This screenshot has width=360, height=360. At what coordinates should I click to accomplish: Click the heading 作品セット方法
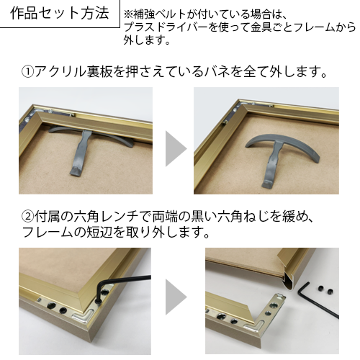tap(60, 14)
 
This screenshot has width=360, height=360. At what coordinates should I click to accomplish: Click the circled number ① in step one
tap(28, 72)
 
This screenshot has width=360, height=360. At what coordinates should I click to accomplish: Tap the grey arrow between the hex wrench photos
tap(176, 297)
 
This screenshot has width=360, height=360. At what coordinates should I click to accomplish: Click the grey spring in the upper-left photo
tap(82, 146)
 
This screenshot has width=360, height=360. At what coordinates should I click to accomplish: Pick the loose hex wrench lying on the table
tap(317, 300)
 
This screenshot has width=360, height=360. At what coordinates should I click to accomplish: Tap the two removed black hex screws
tap(325, 290)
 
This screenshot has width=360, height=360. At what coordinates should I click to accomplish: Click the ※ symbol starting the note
tap(128, 14)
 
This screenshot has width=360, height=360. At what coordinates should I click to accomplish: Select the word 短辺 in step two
tap(102, 232)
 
